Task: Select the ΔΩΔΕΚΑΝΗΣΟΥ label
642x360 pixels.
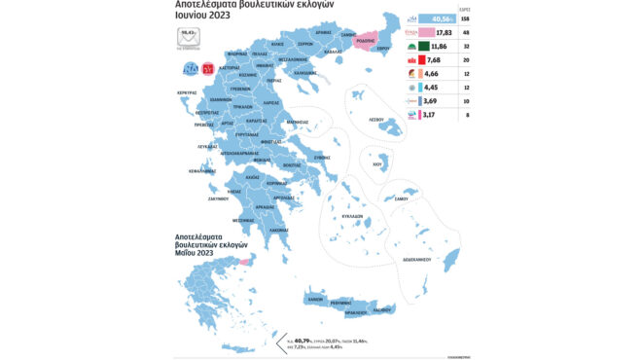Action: tap(418, 260)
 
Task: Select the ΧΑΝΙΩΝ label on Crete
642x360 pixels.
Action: tap(315, 301)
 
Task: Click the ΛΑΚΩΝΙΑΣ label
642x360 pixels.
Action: tap(279, 230)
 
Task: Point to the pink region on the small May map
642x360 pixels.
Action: tap(246, 260)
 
